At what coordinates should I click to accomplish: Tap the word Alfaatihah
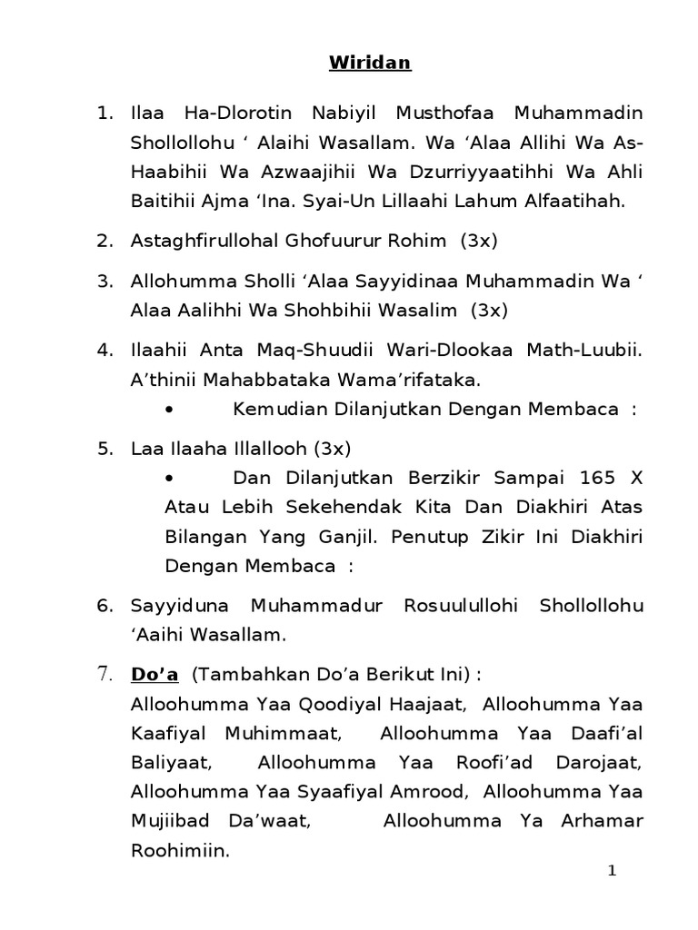pyautogui.click(x=570, y=202)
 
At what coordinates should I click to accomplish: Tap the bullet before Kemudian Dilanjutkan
pyautogui.click(x=171, y=410)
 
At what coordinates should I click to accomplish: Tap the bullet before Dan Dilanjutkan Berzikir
pyautogui.click(x=171, y=478)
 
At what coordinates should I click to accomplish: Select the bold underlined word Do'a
pyautogui.click(x=155, y=674)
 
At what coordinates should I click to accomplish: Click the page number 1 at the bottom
pyautogui.click(x=612, y=872)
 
